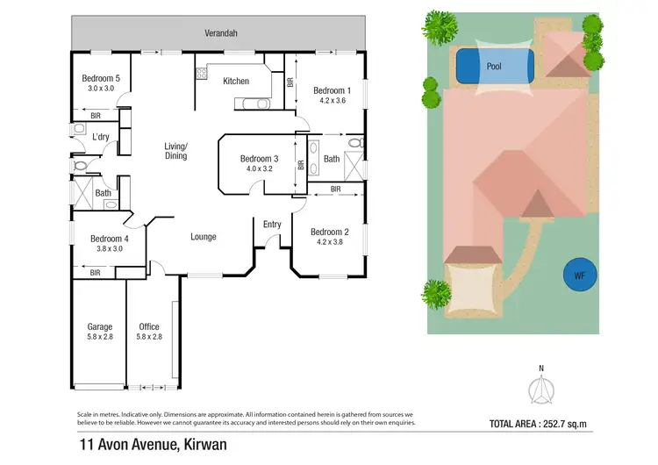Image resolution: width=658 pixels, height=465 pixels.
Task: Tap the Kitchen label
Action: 236,82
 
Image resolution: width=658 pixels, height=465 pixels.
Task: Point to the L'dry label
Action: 100,137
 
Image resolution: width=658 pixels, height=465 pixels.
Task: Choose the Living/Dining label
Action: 176,151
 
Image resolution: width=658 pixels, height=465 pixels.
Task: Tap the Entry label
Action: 272,225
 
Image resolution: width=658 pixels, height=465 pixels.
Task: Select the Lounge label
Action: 203,237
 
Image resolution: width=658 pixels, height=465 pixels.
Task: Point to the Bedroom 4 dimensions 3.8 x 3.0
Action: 110,249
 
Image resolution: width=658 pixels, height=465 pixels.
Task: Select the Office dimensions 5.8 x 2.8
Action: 149,338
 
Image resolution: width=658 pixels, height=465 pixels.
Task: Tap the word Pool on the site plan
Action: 494,65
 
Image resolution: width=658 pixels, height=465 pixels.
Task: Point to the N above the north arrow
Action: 541,368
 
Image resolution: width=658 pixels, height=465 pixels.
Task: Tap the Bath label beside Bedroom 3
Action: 331,159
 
